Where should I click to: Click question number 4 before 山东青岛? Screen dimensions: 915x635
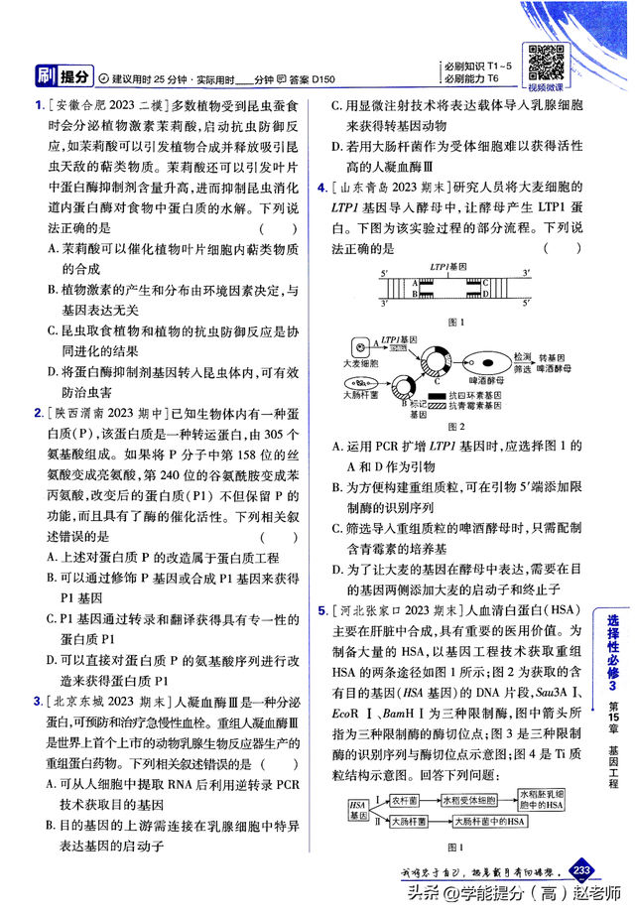click(322, 187)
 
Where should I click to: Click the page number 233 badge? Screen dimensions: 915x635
click(581, 870)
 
